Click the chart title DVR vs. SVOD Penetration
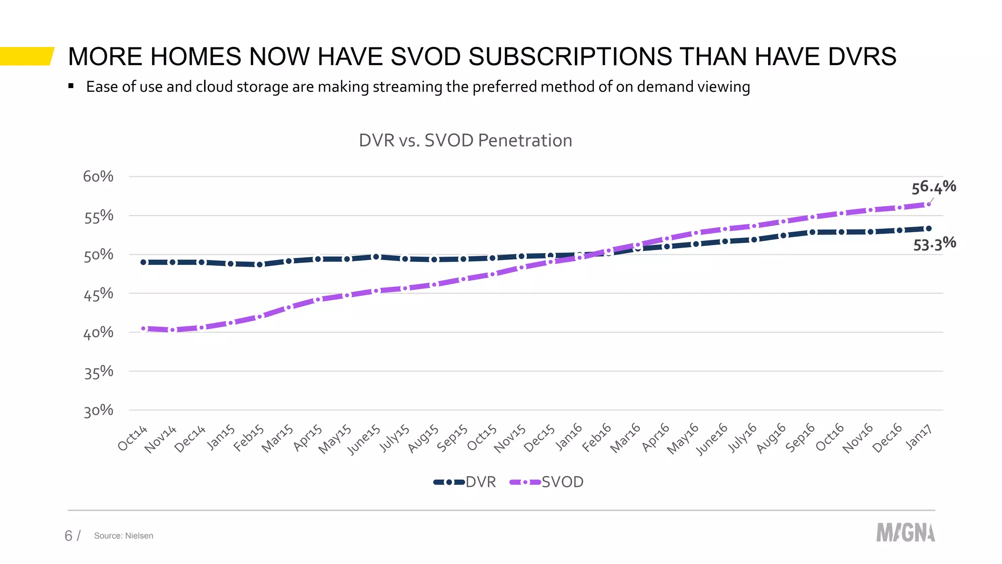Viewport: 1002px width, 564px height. [x=465, y=141]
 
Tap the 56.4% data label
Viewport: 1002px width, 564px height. [x=934, y=187]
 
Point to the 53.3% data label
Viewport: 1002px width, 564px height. [x=934, y=244]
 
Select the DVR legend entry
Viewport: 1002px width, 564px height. [x=465, y=482]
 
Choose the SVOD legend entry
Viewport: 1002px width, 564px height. [x=547, y=482]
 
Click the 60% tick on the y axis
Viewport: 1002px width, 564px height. [x=98, y=177]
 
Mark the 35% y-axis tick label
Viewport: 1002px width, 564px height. [x=98, y=373]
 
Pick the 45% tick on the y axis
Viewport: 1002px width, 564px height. [x=98, y=294]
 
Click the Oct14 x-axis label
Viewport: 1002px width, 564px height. [x=133, y=438]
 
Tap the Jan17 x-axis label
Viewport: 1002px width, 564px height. [x=918, y=437]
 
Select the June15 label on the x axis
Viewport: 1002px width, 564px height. [x=364, y=439]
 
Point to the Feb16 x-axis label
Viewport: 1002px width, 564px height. [x=597, y=437]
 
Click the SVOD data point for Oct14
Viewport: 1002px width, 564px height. [x=143, y=329]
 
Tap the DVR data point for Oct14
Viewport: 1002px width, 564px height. [x=143, y=262]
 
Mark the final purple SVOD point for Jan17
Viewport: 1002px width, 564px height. [x=928, y=204]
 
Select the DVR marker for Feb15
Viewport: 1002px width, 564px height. [x=260, y=264]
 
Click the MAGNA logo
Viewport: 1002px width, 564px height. [x=905, y=533]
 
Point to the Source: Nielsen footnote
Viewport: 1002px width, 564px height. [x=123, y=536]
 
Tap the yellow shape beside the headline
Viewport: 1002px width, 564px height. [x=26, y=56]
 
